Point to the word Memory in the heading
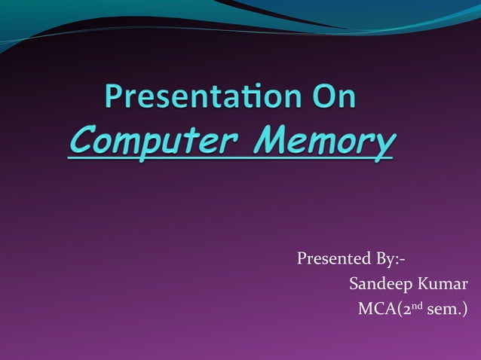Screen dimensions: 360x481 click(324, 140)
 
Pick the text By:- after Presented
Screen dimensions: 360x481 click(390, 260)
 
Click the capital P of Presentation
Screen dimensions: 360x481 click(114, 99)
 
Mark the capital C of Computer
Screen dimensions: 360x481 click(81, 140)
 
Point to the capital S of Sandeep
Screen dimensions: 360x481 click(354, 285)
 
